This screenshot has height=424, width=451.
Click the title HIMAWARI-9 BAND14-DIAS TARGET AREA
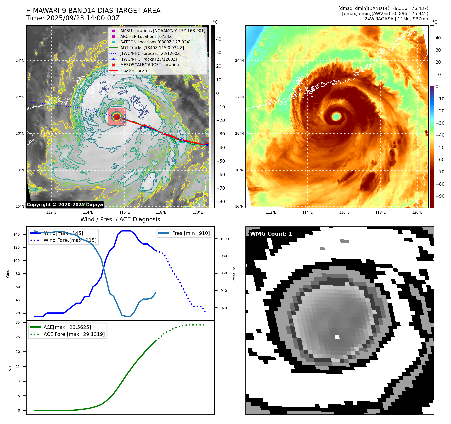click(93, 11)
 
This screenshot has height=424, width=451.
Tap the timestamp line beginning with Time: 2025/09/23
click(73, 18)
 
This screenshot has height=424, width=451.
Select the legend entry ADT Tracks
click(152, 48)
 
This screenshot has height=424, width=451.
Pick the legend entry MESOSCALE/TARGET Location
click(150, 65)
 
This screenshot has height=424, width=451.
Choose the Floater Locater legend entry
click(135, 70)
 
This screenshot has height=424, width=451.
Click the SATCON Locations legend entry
click(155, 42)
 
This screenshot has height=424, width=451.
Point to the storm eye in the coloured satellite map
click(336, 116)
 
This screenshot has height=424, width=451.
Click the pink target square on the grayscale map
click(117, 116)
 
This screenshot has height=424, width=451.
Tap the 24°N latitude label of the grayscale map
click(20, 60)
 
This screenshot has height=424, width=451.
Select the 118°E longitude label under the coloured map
click(380, 212)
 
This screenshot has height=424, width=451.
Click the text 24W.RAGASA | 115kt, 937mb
click(396, 19)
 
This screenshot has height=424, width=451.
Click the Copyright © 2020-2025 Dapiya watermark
click(65, 205)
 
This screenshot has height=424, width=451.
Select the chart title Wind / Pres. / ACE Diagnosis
click(120, 219)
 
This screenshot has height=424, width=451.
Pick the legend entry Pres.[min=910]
click(191, 233)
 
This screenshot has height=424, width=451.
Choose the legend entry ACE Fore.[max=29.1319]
click(74, 334)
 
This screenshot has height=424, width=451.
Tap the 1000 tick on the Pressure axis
click(224, 239)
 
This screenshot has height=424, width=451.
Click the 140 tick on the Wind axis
click(17, 234)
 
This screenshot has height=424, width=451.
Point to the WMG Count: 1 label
click(271, 234)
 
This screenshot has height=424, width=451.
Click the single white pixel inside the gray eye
click(337, 337)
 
